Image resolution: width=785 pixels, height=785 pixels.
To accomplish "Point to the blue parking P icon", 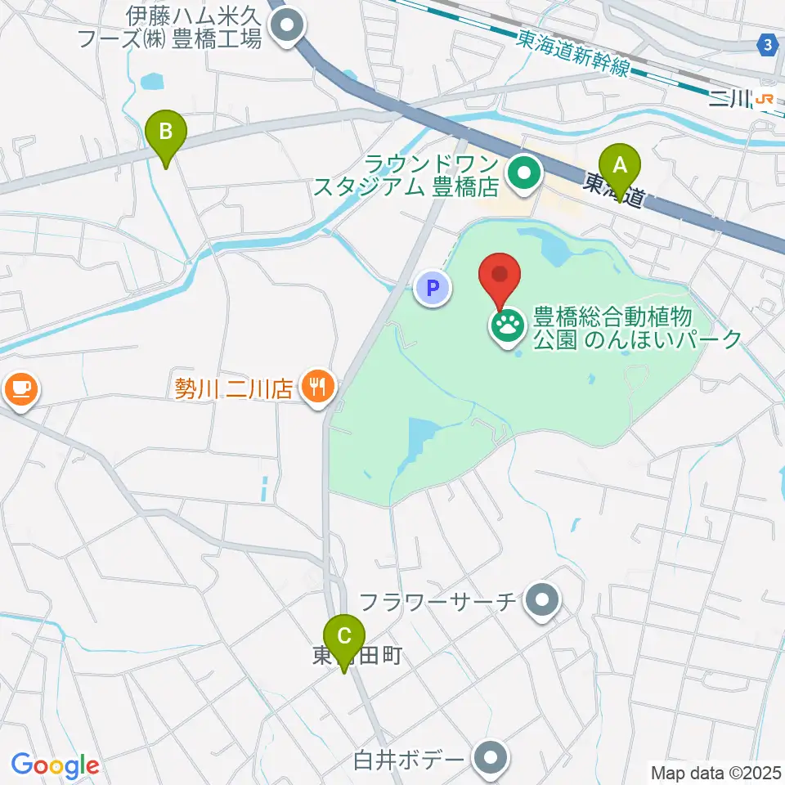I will [x=433, y=288].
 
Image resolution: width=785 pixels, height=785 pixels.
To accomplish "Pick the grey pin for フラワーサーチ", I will [x=541, y=603].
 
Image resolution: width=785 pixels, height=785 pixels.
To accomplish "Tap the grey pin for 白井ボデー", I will [x=491, y=758].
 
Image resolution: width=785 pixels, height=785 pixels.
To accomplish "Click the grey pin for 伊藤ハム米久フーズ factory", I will [x=286, y=26].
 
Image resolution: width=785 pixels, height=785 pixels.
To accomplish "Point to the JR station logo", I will [x=765, y=99].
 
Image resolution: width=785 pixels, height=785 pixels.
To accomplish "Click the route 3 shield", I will [x=767, y=46].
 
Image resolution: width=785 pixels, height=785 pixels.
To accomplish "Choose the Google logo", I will [x=56, y=765].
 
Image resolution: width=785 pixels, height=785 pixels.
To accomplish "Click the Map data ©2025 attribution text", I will [x=716, y=772].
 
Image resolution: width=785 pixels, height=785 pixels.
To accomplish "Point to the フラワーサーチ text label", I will [x=438, y=603].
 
